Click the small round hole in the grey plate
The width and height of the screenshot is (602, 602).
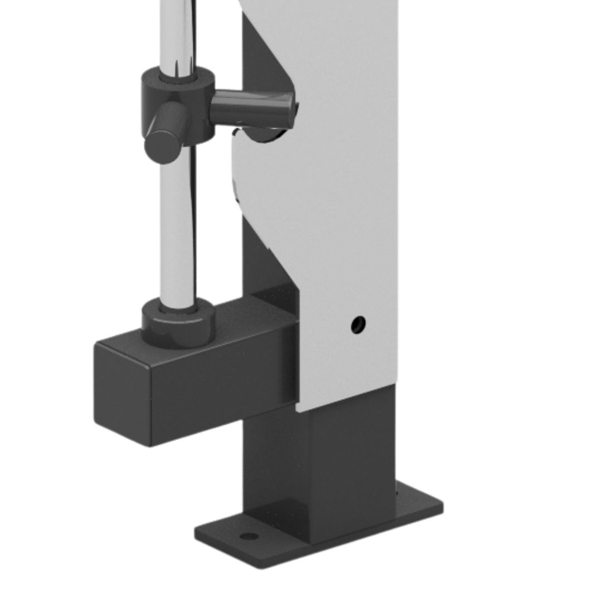click(358, 324)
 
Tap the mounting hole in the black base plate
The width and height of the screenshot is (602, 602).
click(249, 536)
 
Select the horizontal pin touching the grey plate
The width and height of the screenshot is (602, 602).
click(251, 109)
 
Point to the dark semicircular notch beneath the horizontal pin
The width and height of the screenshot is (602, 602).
click(262, 134)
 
